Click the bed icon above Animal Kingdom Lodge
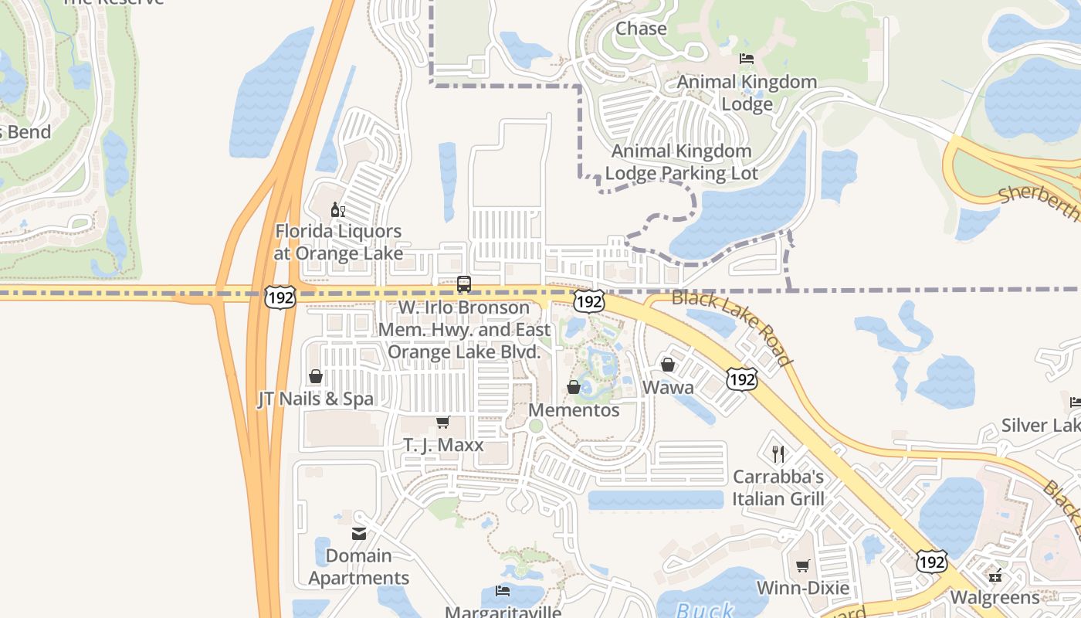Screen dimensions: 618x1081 tap(746, 59)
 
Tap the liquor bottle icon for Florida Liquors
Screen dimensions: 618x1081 tap(337, 209)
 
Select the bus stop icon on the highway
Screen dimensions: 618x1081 tap(463, 284)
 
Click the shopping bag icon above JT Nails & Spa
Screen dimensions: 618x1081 tap(315, 376)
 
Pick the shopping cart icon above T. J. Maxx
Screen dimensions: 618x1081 tap(442, 422)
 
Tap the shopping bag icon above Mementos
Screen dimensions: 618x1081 tap(574, 387)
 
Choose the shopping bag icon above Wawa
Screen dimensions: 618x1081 tap(668, 365)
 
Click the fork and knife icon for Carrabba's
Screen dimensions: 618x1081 tap(778, 453)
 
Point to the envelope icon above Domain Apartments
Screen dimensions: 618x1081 tap(359, 533)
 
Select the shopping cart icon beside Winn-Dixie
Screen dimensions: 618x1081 tap(803, 565)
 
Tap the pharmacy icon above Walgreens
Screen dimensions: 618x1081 tap(995, 575)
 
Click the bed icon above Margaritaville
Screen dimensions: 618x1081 tap(502, 591)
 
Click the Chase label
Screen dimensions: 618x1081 tap(641, 29)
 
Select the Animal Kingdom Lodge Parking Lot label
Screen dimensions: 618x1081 tap(681, 162)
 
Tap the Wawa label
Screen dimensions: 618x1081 tap(668, 387)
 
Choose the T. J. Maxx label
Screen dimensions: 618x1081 tap(443, 445)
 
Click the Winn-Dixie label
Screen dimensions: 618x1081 tap(803, 588)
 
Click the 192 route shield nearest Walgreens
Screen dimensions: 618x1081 tap(932, 562)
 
